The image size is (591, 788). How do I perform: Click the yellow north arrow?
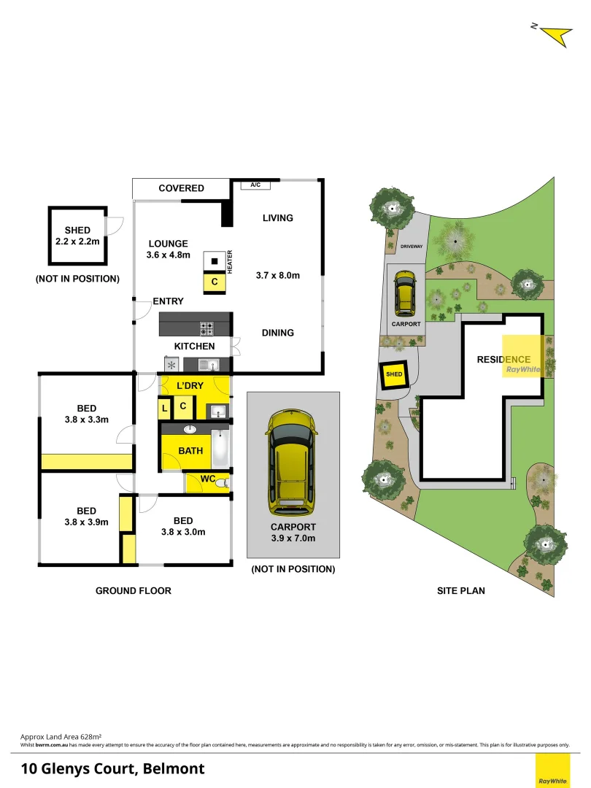(556, 35)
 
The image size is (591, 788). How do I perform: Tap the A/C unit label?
(255, 185)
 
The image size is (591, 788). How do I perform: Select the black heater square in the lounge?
(215, 262)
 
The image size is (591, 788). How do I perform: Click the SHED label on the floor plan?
(77, 230)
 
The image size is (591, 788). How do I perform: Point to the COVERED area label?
(182, 188)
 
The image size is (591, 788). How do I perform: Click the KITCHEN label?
(194, 346)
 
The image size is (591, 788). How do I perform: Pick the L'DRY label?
(190, 385)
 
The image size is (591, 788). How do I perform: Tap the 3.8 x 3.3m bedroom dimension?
(87, 420)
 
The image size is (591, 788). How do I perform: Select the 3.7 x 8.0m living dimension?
(278, 275)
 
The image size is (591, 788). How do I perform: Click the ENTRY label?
(168, 301)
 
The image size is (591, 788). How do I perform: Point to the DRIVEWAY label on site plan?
(412, 247)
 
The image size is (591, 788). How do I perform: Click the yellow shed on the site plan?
(394, 374)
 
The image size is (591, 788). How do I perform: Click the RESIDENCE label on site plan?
(503, 359)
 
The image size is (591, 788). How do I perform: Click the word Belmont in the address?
(174, 768)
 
